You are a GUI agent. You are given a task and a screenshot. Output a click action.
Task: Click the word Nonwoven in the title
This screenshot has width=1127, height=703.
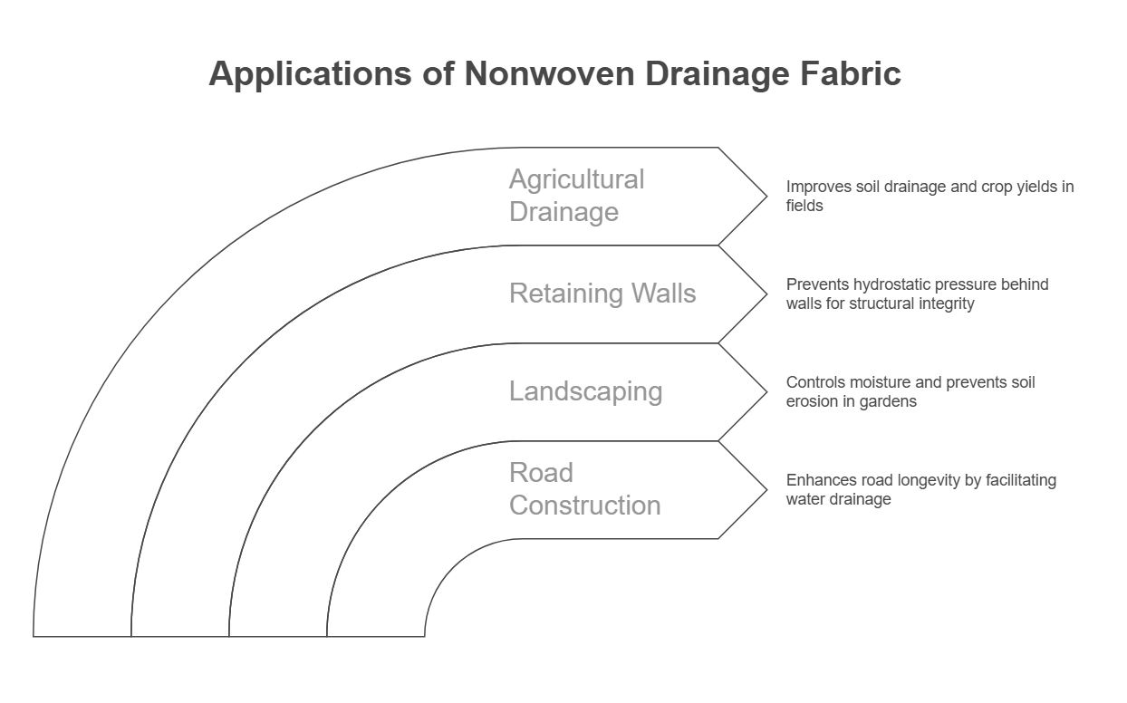pos(549,74)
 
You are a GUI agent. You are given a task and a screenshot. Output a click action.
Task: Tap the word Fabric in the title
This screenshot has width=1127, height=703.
pos(851,74)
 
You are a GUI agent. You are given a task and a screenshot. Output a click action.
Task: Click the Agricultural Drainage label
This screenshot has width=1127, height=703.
pos(576,196)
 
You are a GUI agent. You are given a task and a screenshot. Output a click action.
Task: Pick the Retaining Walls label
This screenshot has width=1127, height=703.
pos(602,293)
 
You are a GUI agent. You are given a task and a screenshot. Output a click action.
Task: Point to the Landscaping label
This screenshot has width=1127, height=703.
pos(585,391)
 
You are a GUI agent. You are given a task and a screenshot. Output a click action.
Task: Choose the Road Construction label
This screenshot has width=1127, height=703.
pos(585,488)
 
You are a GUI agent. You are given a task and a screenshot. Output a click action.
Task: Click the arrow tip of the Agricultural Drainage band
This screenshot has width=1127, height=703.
pos(766,197)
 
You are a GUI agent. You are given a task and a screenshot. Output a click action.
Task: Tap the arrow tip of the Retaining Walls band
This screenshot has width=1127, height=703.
pos(766,294)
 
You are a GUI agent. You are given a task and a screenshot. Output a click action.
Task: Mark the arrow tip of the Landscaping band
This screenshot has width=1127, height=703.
pos(766,392)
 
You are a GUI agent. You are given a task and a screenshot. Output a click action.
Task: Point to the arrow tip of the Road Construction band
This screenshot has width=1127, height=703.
pos(766,489)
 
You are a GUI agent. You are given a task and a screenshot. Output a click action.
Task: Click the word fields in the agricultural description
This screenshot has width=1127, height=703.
pos(804,206)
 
